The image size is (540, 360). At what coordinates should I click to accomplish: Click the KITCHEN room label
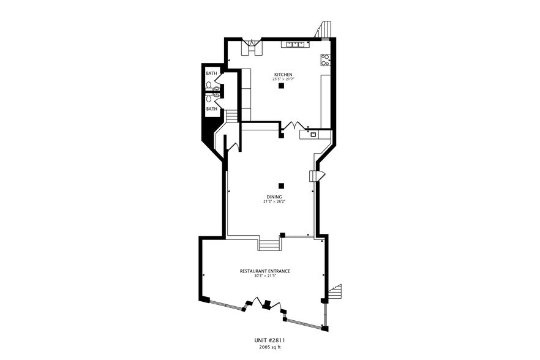tap(282, 74)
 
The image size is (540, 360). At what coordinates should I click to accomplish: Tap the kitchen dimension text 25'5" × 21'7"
tap(282, 79)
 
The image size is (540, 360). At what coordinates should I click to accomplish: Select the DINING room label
tap(274, 197)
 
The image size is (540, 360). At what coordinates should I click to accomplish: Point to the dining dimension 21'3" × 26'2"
tap(274, 201)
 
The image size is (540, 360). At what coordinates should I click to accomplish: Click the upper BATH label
tap(211, 73)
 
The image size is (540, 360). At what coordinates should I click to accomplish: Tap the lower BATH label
tap(211, 109)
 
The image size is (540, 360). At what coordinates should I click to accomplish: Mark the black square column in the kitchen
tap(281, 86)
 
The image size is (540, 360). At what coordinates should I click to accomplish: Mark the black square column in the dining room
tap(281, 186)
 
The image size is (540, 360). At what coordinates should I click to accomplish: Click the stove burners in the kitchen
tap(326, 60)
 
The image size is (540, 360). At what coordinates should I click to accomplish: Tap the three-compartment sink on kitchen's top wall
tap(294, 44)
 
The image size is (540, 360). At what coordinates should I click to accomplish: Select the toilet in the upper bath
tap(209, 85)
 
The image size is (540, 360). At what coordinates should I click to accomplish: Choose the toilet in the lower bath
tap(209, 97)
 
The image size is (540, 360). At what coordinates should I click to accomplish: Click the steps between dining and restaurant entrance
tap(269, 245)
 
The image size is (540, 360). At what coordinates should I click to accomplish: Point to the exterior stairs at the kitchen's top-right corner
tap(324, 29)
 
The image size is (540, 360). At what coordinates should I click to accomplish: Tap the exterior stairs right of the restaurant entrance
tap(334, 293)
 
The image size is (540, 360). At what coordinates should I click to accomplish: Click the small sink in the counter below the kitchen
tap(313, 133)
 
